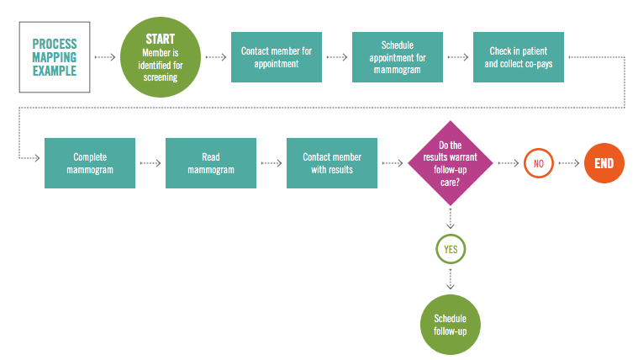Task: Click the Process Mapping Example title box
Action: [x=55, y=57]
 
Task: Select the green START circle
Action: [x=160, y=57]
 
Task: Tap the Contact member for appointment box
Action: [x=277, y=57]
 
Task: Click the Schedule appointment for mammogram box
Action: [x=398, y=57]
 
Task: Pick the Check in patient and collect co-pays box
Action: [x=519, y=57]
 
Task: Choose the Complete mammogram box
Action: [x=90, y=163]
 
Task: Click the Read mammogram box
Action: [x=211, y=163]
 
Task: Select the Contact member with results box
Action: [x=332, y=163]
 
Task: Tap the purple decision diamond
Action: [x=451, y=163]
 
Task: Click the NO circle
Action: [x=538, y=163]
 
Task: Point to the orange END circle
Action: [x=604, y=163]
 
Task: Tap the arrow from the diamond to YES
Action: [x=451, y=219]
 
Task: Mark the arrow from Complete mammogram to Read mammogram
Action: [x=150, y=163]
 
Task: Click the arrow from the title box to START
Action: [x=106, y=57]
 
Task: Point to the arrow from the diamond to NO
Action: [x=509, y=163]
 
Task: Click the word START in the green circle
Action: [x=160, y=39]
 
